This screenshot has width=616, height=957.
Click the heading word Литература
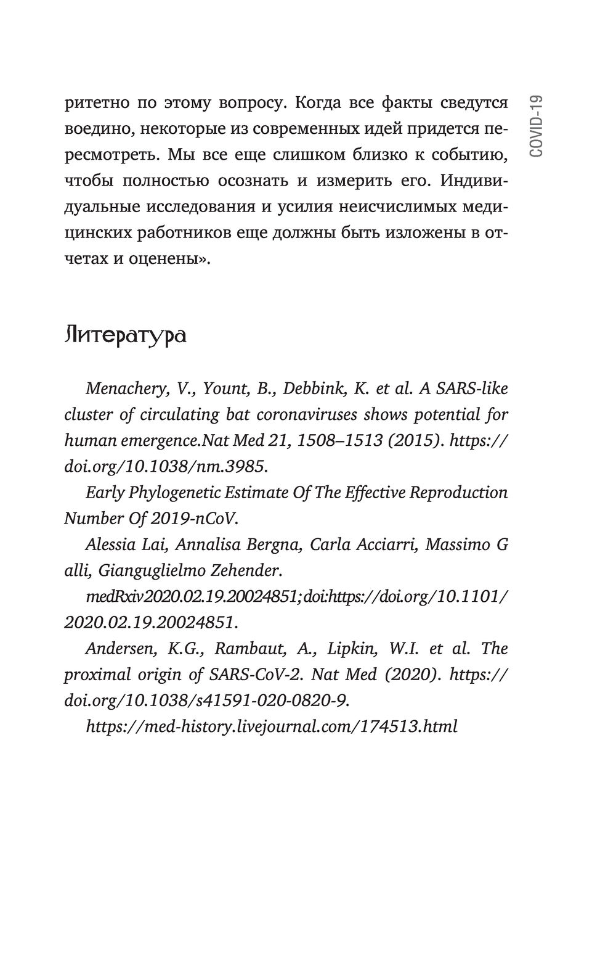pos(125,336)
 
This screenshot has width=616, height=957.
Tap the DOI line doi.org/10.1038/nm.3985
pos(166,466)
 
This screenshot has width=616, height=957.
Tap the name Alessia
pos(111,545)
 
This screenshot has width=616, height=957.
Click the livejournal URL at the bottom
pos(272,726)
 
